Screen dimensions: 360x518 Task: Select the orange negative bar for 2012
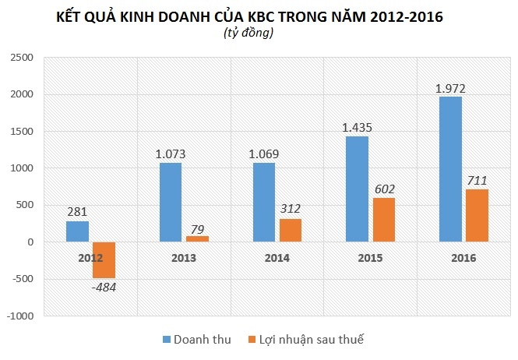point(104,260)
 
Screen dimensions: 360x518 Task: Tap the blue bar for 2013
point(171,203)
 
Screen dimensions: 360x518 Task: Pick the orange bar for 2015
point(383,220)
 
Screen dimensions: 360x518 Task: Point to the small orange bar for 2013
point(196,239)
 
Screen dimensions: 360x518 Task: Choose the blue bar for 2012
point(77,231)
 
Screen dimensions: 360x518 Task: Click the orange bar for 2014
point(290,231)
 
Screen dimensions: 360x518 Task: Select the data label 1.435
point(358,126)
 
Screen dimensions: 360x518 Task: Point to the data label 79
point(199,229)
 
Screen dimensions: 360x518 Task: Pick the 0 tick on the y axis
point(31,242)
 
